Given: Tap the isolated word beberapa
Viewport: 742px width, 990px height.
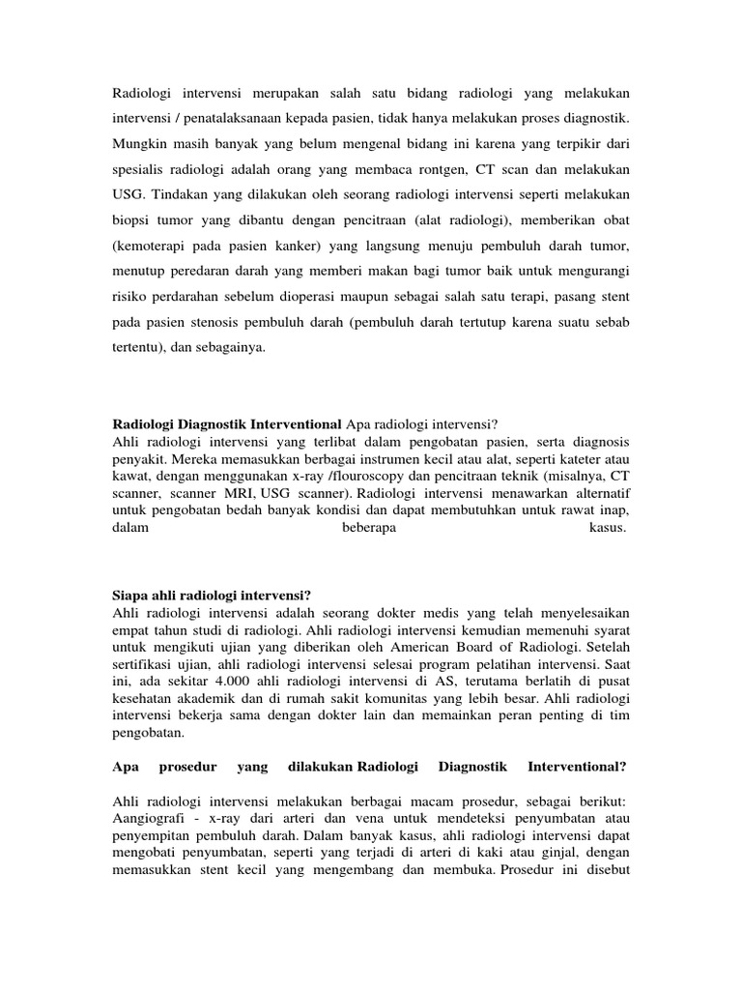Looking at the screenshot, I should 371,528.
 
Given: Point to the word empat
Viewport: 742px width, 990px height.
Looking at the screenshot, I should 131,630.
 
